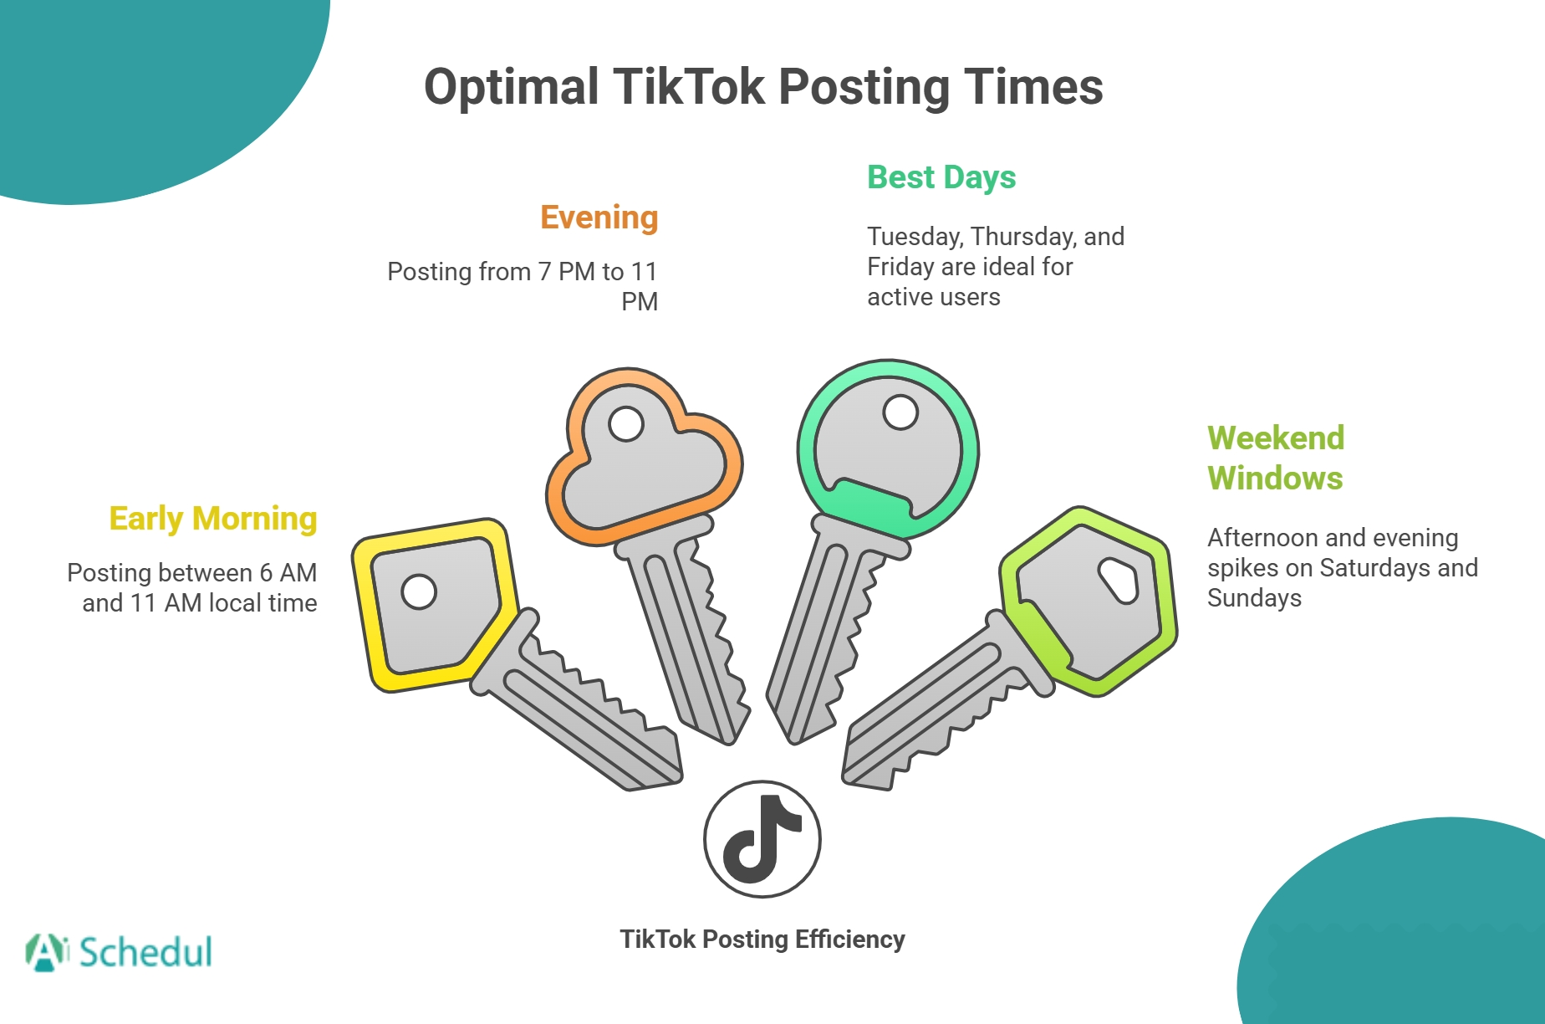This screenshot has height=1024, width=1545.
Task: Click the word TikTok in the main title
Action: (x=688, y=87)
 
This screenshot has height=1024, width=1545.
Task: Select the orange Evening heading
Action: (x=599, y=218)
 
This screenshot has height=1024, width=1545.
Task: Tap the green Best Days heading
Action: (x=941, y=177)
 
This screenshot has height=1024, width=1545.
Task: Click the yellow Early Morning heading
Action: (x=213, y=519)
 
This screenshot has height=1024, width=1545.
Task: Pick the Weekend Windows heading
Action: (x=1276, y=458)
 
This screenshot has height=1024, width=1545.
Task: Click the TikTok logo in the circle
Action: (x=762, y=839)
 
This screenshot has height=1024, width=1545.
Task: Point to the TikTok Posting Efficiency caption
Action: (x=762, y=940)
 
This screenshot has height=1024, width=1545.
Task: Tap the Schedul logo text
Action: (x=145, y=953)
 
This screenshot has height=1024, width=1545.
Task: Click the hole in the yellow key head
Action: (x=419, y=591)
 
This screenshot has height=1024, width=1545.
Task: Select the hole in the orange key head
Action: (x=626, y=423)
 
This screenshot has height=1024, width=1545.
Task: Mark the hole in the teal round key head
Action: (x=900, y=412)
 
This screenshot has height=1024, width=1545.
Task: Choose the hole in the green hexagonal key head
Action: (x=1119, y=580)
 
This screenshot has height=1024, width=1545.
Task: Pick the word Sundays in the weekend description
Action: (x=1254, y=598)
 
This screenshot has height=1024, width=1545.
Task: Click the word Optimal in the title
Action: (x=512, y=87)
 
